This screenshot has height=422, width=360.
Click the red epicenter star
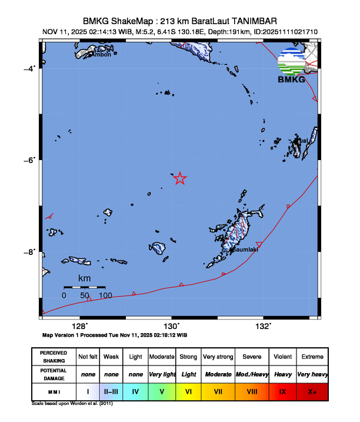(x=180, y=178)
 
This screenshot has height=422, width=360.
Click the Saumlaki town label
(x=244, y=250)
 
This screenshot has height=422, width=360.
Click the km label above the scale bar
(x=84, y=278)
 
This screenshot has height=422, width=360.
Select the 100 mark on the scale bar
(x=105, y=295)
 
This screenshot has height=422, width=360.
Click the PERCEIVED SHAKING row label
(x=54, y=357)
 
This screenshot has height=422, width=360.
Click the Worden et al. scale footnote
(x=70, y=404)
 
